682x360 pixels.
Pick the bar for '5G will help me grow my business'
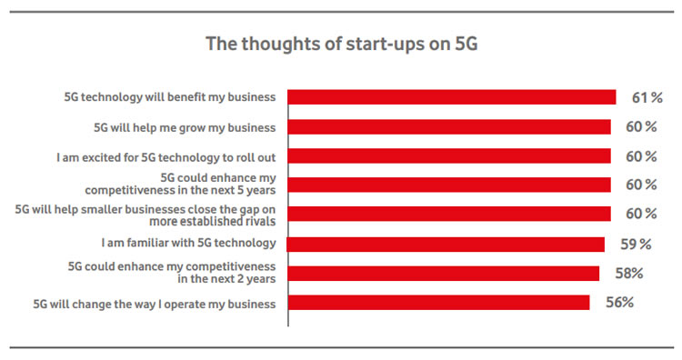[449, 126]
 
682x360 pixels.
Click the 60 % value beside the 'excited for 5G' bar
[639, 156]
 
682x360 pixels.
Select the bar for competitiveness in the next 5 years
[449, 185]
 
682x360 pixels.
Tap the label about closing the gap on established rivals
[145, 214]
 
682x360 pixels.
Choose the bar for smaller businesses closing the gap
[449, 214]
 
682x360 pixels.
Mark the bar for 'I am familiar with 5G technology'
[446, 244]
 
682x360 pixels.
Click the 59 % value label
[637, 244]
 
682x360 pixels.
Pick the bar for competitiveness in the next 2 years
[443, 273]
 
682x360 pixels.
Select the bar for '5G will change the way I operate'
[438, 303]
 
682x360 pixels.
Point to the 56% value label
[619, 303]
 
